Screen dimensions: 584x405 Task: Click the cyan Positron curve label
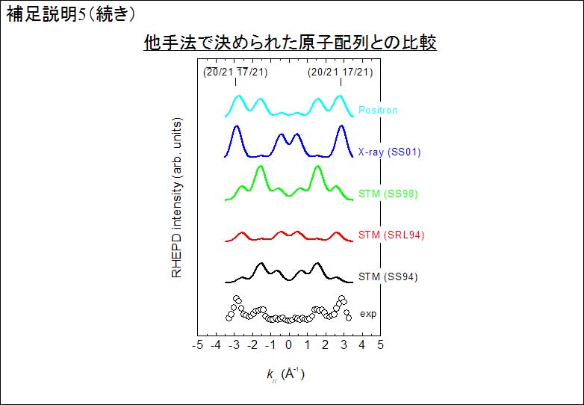tap(378, 110)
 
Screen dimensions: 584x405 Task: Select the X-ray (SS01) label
tap(389, 152)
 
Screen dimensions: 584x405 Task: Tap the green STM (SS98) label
tap(388, 194)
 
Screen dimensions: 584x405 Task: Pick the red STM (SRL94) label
tap(391, 235)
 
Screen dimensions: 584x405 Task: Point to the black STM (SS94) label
tap(388, 276)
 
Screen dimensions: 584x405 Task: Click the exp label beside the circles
tap(368, 314)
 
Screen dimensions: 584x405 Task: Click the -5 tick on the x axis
tap(197, 344)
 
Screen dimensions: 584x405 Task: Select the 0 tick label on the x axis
tap(289, 344)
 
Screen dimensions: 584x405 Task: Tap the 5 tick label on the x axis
tap(380, 344)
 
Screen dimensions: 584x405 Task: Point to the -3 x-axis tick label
tap(234, 344)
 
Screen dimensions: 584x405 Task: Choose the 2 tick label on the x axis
tap(326, 344)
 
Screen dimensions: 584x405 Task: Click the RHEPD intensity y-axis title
tap(177, 198)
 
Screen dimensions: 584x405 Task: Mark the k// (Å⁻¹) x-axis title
tap(286, 374)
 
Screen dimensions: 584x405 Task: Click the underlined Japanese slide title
tap(291, 43)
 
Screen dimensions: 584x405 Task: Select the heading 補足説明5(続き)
tap(71, 14)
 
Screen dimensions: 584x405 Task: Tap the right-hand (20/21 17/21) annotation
tap(340, 72)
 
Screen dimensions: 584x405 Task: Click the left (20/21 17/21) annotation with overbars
tap(235, 72)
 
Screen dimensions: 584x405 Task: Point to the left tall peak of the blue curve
tap(236, 127)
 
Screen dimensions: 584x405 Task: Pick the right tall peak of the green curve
tap(317, 167)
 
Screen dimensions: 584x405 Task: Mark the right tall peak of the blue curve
tap(341, 127)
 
